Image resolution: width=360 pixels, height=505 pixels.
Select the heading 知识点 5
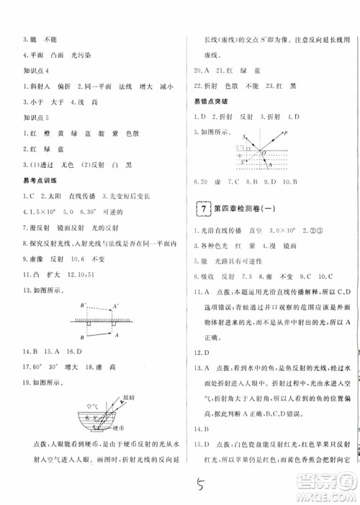[37, 118]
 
